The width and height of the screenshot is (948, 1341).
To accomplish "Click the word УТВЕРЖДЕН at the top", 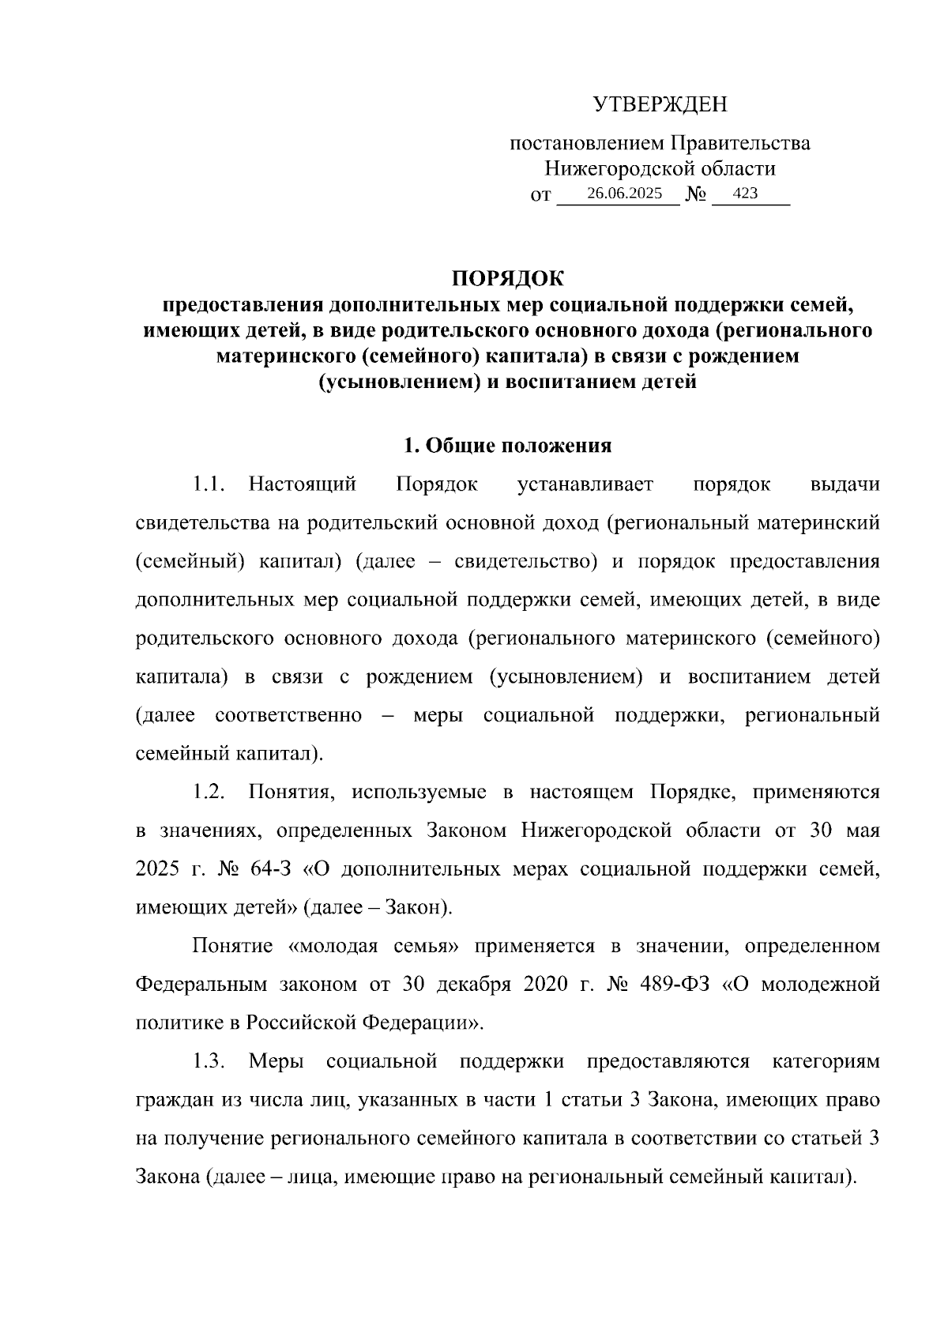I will (660, 104).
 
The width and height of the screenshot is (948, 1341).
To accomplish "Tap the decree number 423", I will (746, 193).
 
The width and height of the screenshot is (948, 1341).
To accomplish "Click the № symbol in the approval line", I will (695, 194).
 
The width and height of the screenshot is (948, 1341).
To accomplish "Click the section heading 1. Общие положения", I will (508, 446).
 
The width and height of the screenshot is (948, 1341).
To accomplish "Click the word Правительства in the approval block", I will (740, 144).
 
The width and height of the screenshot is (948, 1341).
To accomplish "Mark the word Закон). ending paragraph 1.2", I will (419, 907).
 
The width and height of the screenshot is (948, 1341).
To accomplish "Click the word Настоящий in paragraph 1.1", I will (303, 484).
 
